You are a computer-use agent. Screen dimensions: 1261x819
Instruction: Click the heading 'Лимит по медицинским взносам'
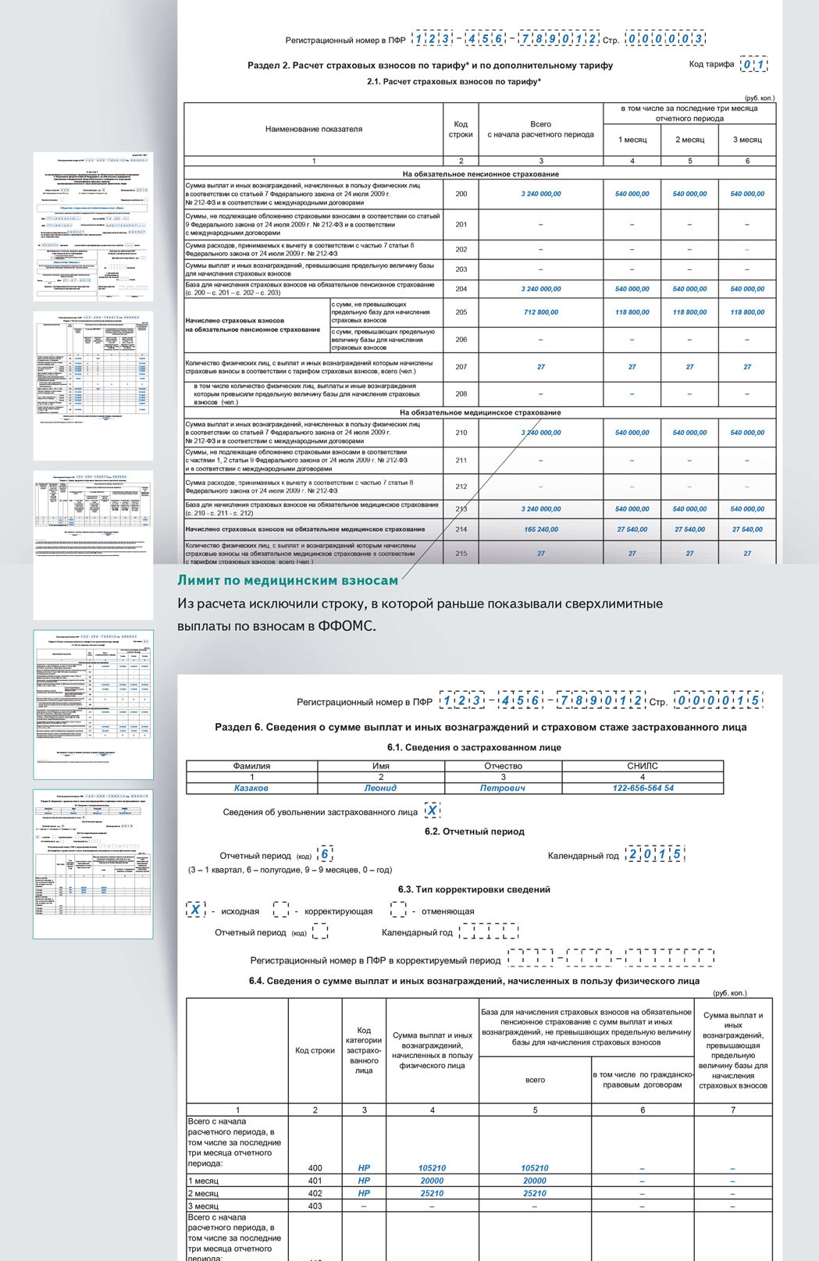(x=287, y=580)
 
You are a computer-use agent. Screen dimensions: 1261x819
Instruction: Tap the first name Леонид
(x=380, y=788)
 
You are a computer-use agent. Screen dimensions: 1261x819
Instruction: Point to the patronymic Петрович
(x=502, y=788)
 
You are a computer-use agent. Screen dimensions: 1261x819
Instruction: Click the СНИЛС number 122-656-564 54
(x=643, y=788)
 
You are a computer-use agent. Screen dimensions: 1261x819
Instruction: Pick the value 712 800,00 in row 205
(x=540, y=312)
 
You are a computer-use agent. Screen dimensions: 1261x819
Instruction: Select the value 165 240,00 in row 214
(x=540, y=529)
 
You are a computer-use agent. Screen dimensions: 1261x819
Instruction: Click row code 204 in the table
(x=461, y=289)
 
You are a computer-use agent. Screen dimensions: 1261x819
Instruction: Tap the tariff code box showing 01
(x=753, y=65)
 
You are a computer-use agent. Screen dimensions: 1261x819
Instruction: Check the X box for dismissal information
(x=431, y=810)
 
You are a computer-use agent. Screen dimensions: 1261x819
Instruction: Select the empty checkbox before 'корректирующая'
(x=281, y=910)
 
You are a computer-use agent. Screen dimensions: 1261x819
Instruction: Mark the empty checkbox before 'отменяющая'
(x=398, y=910)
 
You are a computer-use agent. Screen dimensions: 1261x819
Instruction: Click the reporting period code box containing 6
(x=326, y=854)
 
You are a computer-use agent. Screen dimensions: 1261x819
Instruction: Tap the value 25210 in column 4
(x=432, y=1193)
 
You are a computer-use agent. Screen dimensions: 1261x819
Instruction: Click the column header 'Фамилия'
(x=251, y=766)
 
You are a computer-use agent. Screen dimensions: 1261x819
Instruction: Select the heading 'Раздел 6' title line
(x=480, y=727)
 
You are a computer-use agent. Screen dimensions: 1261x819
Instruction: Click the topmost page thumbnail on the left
(x=93, y=226)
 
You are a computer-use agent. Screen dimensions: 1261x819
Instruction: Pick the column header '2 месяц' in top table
(x=689, y=140)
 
